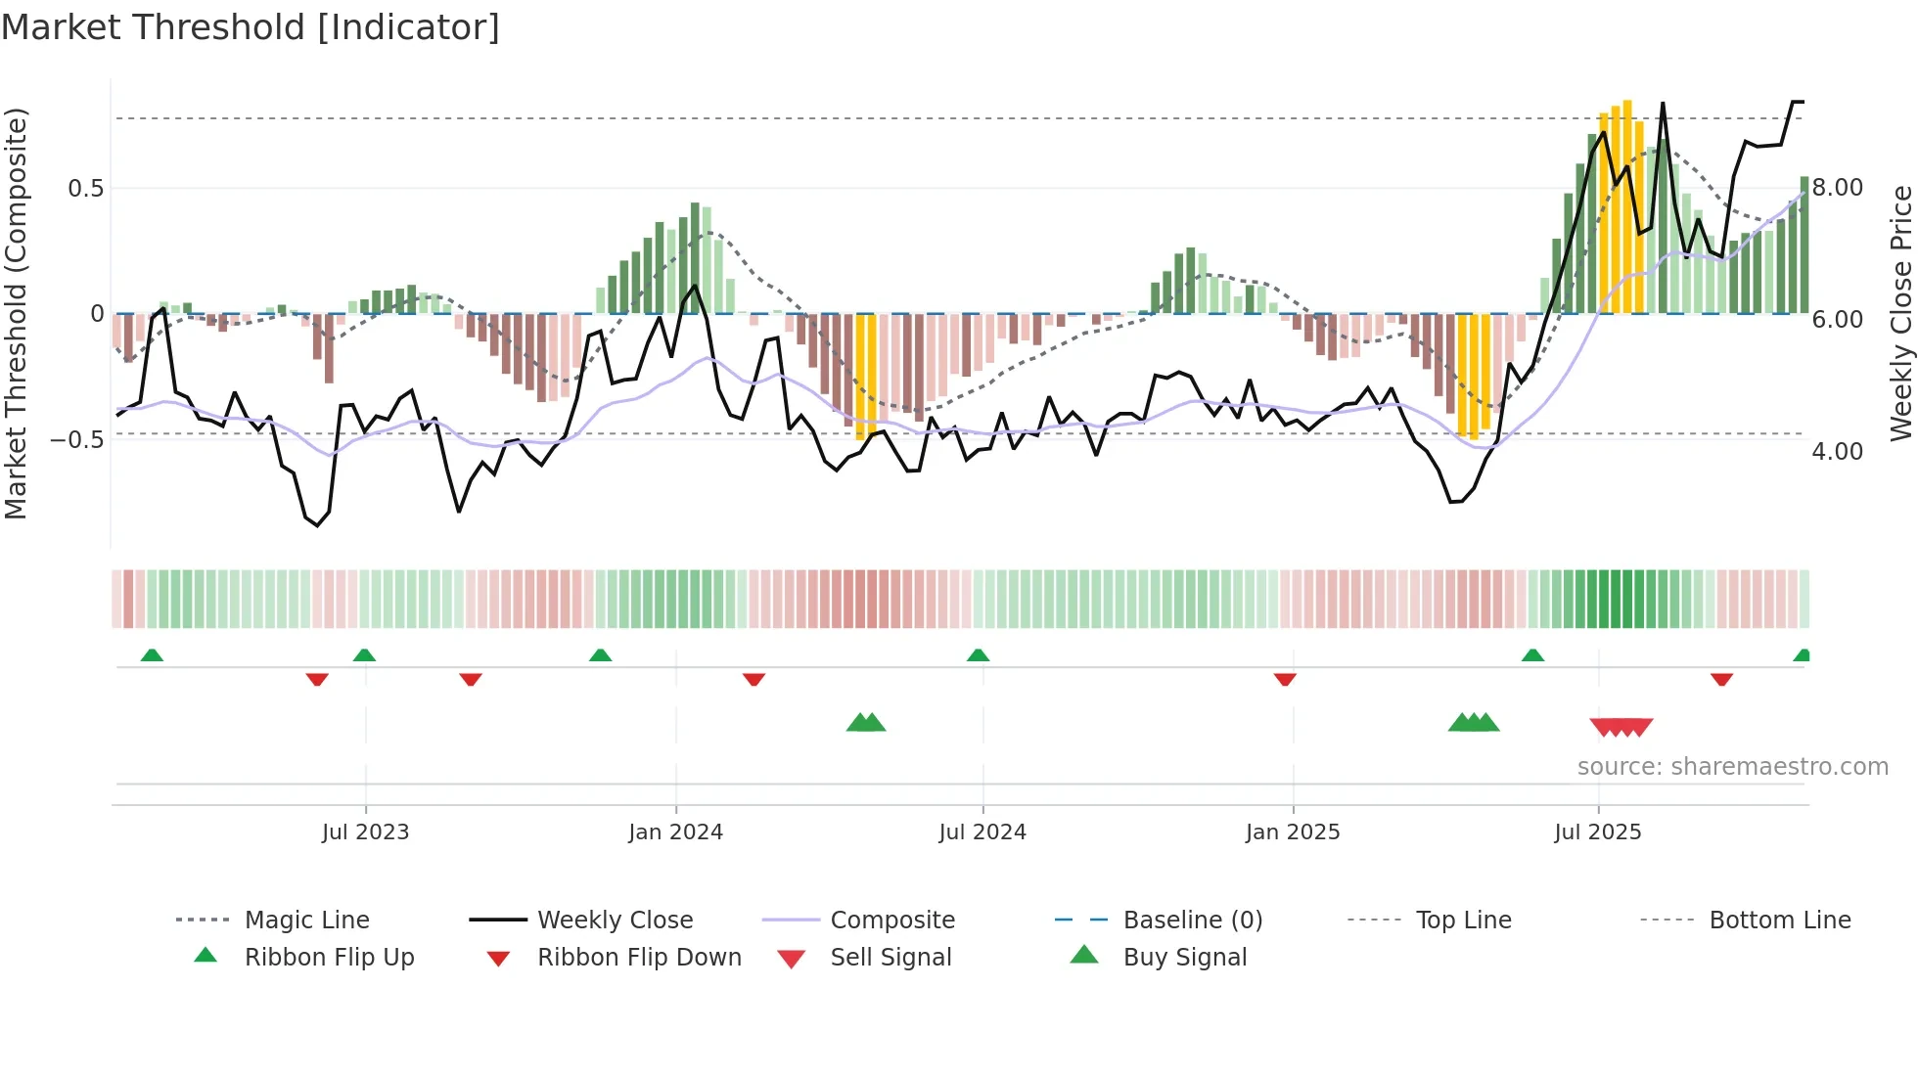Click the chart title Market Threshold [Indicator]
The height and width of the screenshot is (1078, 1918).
[x=251, y=27]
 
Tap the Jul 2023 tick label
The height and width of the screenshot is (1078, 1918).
[x=365, y=832]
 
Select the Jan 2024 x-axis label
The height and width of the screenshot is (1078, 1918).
[x=675, y=832]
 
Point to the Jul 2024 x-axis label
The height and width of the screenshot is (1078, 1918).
[x=982, y=832]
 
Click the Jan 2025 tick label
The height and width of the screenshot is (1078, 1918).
[x=1293, y=832]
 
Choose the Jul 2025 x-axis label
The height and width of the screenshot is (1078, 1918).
[x=1598, y=832]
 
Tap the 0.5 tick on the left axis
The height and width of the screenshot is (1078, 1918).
[x=85, y=188]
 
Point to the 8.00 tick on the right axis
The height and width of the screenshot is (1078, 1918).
[x=1837, y=188]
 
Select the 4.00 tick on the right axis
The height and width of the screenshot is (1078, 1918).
[x=1837, y=452]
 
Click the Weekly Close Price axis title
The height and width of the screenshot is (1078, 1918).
[x=1900, y=313]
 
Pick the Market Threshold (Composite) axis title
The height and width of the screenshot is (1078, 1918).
[x=16, y=313]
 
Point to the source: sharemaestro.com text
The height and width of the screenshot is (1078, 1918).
[x=1732, y=767]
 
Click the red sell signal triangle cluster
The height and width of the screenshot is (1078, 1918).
[x=1621, y=727]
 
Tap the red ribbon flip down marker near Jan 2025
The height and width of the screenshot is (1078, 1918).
[x=1285, y=679]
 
